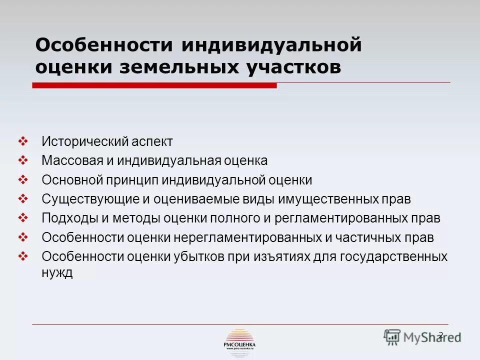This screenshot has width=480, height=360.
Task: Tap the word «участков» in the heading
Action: click(294, 67)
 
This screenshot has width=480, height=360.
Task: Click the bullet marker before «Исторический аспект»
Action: click(23, 141)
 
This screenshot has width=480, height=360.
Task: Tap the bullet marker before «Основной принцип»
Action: click(23, 179)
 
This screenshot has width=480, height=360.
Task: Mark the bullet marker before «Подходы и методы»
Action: click(23, 218)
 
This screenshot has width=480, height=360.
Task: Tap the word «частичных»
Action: click(368, 238)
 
